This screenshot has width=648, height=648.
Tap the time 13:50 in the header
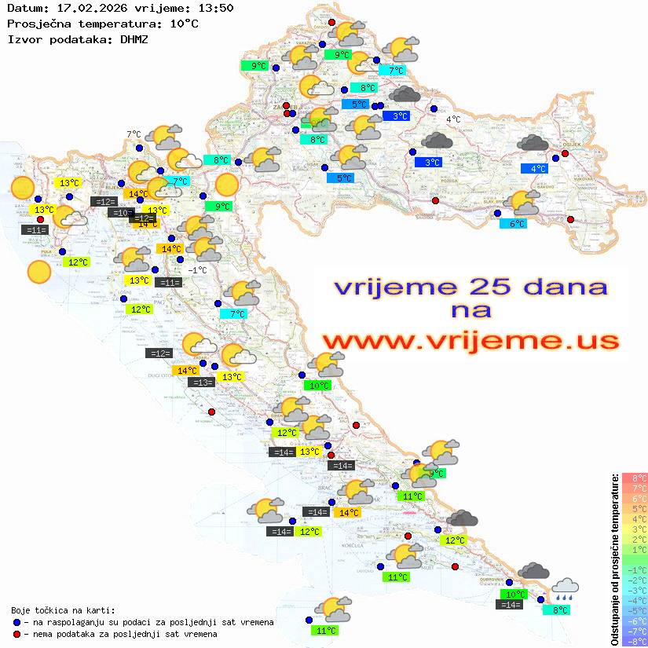pyautogui.click(x=217, y=8)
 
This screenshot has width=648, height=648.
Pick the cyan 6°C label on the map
pyautogui.click(x=513, y=224)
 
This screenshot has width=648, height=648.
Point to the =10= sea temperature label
pyautogui.click(x=120, y=213)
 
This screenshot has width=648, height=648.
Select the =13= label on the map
pyautogui.click(x=202, y=383)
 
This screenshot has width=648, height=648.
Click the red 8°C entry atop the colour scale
pyautogui.click(x=634, y=478)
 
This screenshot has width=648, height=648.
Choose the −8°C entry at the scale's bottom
pyautogui.click(x=634, y=641)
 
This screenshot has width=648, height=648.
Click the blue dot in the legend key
pyautogui.click(x=17, y=622)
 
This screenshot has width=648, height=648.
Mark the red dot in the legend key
pyautogui.click(x=17, y=634)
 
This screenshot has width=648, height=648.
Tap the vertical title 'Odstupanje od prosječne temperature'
pyautogui.click(x=614, y=559)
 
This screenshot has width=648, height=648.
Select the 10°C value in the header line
pyautogui.click(x=184, y=24)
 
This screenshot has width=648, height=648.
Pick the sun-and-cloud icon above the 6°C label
pyautogui.click(x=524, y=203)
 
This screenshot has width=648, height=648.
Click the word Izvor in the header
pyautogui.click(x=23, y=38)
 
